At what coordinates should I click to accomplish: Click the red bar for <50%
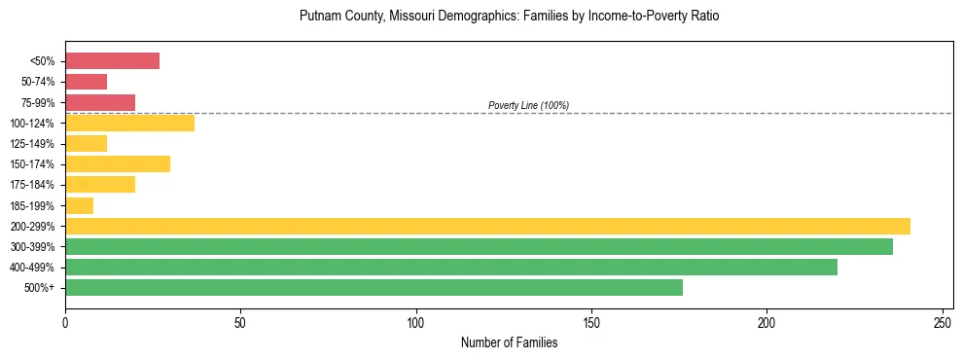coord(112,61)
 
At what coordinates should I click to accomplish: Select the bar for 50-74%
coord(86,82)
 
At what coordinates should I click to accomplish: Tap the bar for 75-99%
coord(100,102)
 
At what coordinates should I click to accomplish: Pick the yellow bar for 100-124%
coord(129,123)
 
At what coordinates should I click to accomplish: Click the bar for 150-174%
coord(118,163)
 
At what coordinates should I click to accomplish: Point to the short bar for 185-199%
coord(79,205)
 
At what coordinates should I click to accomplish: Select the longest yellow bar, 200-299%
coord(487,226)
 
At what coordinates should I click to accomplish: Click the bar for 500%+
coord(374,287)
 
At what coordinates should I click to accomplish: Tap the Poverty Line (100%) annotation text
coord(528,105)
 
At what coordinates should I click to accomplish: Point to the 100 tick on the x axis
coord(416,321)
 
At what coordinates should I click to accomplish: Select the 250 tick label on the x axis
coord(943,321)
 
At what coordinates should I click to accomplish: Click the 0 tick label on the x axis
coord(65,321)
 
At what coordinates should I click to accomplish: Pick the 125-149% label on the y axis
coord(32,144)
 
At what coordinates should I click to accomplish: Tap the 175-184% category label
coord(32,185)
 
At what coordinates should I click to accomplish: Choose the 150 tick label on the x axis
coord(591,321)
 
